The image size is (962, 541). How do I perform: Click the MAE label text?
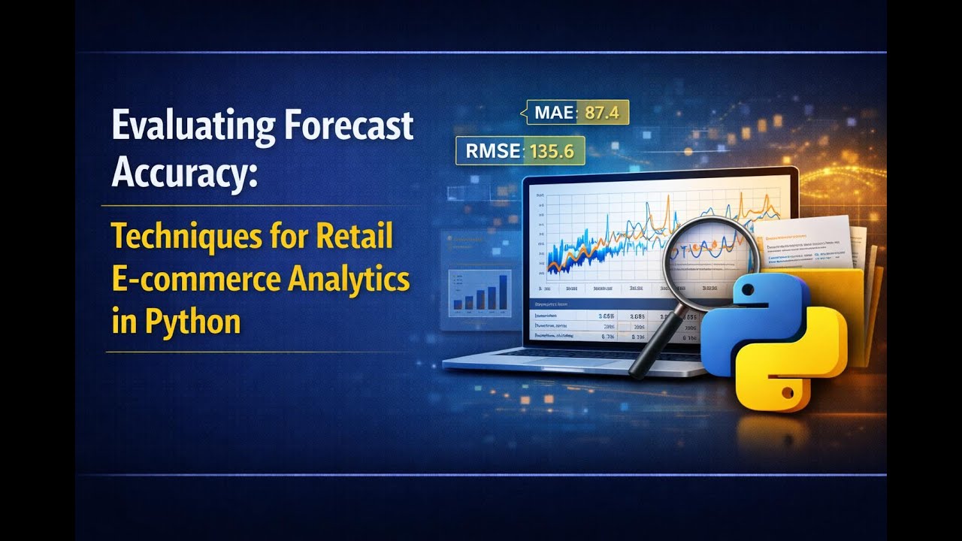[x=555, y=113]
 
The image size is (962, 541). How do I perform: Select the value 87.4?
[x=601, y=113]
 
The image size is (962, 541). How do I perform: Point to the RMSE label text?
[x=493, y=151]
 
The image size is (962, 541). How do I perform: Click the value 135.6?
[x=552, y=151]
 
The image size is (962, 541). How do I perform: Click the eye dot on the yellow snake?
[x=787, y=391]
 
